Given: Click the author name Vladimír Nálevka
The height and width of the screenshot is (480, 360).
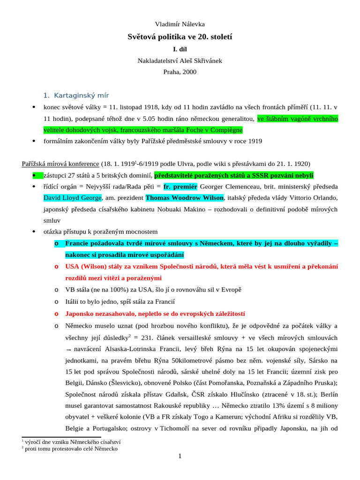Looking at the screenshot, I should (180, 24).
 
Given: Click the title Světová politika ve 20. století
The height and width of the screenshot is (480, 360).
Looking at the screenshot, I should (180, 36).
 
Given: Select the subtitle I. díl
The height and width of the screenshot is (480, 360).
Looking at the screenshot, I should (180, 48).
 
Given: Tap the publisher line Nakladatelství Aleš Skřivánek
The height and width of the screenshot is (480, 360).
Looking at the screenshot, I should (180, 60).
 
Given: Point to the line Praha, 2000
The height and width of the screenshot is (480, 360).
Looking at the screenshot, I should (180, 72).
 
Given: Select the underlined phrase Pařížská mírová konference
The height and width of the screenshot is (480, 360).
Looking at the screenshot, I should (60, 164).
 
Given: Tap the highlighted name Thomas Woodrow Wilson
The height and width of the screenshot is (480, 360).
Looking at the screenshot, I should (185, 197).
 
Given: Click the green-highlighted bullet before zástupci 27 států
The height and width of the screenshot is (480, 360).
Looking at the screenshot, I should (34, 175).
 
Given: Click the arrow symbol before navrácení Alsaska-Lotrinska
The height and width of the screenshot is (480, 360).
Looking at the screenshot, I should (68, 350).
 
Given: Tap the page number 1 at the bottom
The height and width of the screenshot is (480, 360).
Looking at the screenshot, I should (180, 456).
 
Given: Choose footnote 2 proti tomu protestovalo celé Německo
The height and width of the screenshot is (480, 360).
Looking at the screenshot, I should (71, 449).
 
